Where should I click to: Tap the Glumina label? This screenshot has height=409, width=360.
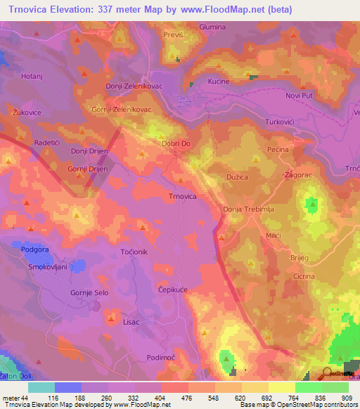212,27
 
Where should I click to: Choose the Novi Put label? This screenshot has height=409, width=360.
303,96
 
